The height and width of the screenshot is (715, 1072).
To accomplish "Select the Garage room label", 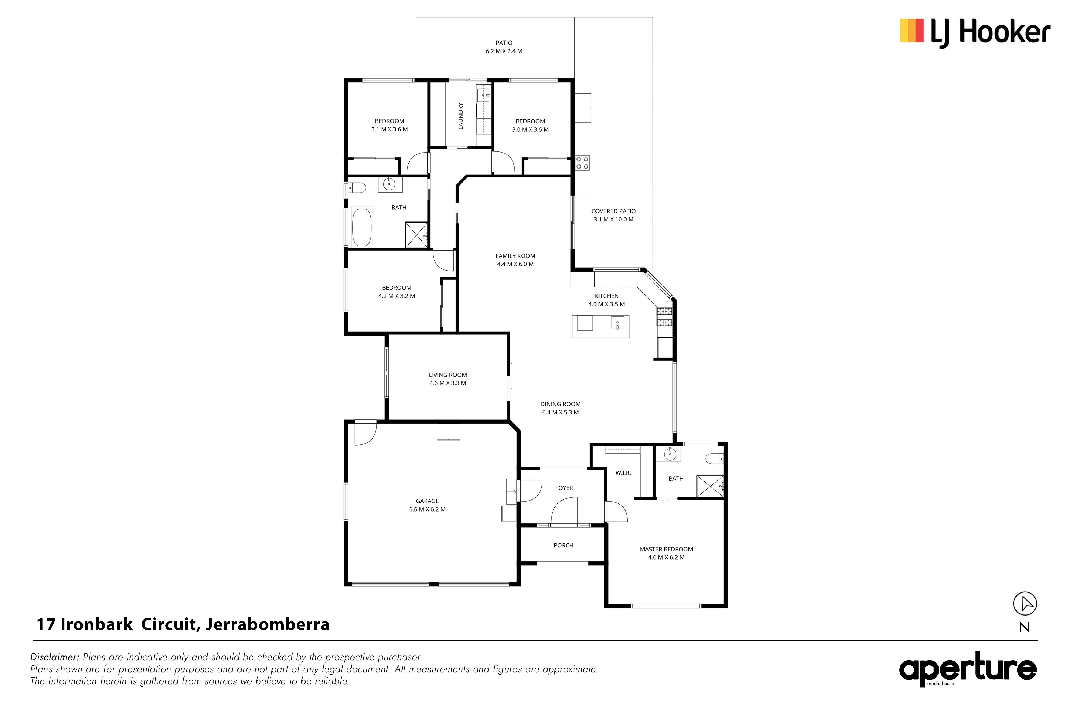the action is click(x=427, y=501).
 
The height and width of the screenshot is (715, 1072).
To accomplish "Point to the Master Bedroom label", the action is click(x=666, y=550).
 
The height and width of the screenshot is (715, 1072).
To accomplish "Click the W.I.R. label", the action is click(x=623, y=473).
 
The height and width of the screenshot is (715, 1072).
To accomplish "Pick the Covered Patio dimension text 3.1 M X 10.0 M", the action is click(x=613, y=219).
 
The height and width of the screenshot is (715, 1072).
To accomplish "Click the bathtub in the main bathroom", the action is click(x=362, y=228).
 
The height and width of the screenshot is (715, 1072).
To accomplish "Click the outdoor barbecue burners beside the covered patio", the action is click(x=582, y=163).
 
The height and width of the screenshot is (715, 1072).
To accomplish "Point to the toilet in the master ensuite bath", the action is click(x=714, y=458).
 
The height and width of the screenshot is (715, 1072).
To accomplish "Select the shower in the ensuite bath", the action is click(x=710, y=486).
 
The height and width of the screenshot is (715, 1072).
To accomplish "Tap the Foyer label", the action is click(x=564, y=488).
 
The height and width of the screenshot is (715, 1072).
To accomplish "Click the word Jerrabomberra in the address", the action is click(x=267, y=624).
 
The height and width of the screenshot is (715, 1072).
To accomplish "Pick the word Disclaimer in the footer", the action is click(x=55, y=657).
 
